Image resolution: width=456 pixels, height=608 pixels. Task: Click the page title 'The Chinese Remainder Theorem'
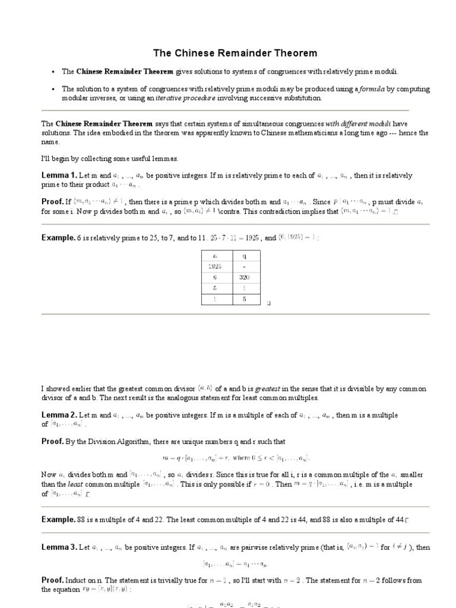(228, 53)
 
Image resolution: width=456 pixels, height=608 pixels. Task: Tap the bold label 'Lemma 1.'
(58, 176)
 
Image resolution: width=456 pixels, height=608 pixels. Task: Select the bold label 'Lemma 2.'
(58, 414)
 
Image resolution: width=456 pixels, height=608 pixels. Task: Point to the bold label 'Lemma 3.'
(58, 546)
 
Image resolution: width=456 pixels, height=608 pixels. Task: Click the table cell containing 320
(243, 277)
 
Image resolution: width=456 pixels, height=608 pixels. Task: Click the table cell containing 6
(214, 277)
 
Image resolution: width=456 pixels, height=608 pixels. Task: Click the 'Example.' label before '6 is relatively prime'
(58, 237)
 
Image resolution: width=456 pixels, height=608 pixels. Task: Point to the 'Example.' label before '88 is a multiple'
(58, 520)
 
